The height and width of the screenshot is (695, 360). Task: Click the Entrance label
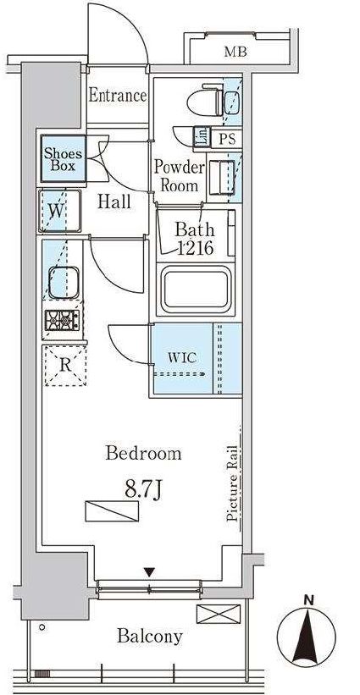pos(118,96)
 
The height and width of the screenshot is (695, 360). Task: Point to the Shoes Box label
pos(63,160)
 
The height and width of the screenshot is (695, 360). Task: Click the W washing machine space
pos(59,211)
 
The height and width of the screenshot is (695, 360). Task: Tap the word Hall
pos(114,202)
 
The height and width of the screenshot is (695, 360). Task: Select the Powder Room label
pos(179,176)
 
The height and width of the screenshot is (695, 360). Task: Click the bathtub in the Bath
pos(195,290)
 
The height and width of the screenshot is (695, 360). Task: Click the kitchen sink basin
pos(64,283)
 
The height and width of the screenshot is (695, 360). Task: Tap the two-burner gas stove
pos(62,320)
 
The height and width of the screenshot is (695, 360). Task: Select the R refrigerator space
pos(64,366)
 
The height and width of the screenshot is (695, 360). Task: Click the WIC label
pos(182,358)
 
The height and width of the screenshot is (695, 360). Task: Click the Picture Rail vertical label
pos(234,483)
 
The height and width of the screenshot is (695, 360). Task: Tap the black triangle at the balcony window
pos(150,572)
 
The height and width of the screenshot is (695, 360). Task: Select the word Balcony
pos(149,637)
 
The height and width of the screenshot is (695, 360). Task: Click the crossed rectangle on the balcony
pos(219,614)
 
